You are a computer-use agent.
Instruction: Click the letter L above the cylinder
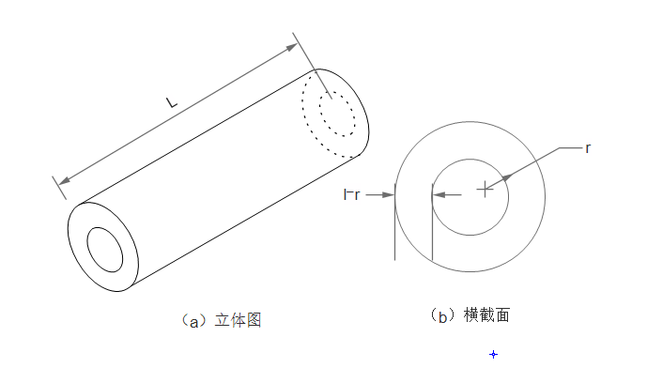tap(171, 101)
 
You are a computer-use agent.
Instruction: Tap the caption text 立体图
tap(237, 320)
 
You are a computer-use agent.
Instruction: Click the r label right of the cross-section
tap(587, 148)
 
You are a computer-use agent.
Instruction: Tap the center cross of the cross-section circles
tap(485, 190)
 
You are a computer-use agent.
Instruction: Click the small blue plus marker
tap(493, 354)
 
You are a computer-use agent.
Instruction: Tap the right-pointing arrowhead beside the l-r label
tap(389, 195)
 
